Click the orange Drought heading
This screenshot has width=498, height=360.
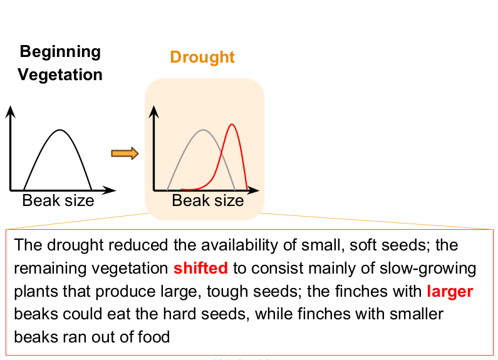click(x=202, y=58)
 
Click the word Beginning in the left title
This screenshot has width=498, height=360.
click(x=60, y=51)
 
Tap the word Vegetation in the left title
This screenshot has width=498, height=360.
click(x=60, y=75)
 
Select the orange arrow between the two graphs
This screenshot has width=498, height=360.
click(x=124, y=153)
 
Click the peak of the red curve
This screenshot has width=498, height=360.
click(x=232, y=125)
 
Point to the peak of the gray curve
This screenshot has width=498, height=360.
click(x=202, y=130)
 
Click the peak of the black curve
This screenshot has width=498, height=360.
click(x=60, y=130)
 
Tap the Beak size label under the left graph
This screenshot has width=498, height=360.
click(x=58, y=200)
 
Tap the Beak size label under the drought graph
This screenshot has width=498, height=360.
click(x=207, y=200)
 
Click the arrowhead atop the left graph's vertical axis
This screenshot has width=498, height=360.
click(x=10, y=111)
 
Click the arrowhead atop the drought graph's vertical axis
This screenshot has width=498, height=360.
click(x=153, y=112)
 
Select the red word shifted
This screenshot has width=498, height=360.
click(x=200, y=268)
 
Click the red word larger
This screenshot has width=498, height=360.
click(x=450, y=291)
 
